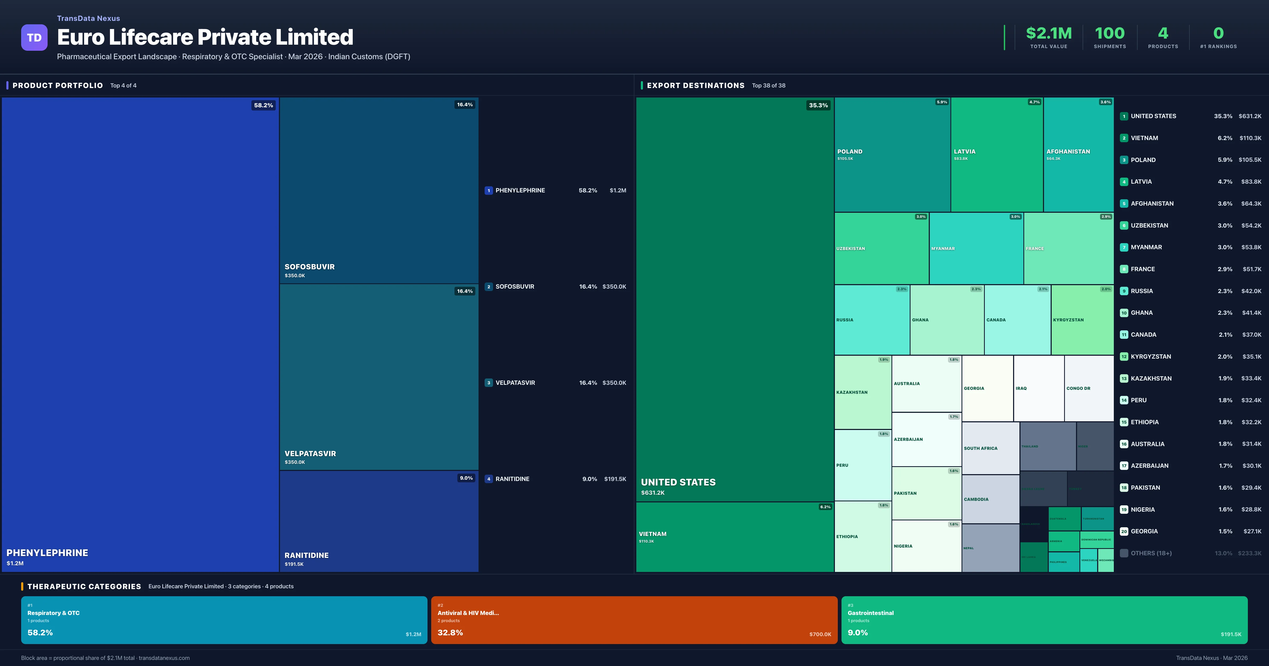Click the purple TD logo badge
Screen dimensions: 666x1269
(34, 38)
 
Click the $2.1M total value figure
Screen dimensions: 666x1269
(1048, 34)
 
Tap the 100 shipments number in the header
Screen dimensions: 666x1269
(1109, 34)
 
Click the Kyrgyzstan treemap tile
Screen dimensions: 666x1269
(1082, 320)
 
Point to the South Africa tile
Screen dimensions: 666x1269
(990, 448)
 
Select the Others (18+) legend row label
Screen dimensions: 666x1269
(1151, 553)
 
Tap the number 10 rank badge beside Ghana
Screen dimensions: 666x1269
(1124, 313)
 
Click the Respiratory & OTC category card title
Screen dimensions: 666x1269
(53, 613)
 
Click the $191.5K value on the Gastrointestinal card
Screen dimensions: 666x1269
(1231, 635)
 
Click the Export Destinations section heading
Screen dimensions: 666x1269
(695, 86)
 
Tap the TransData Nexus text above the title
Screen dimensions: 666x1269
(88, 18)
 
